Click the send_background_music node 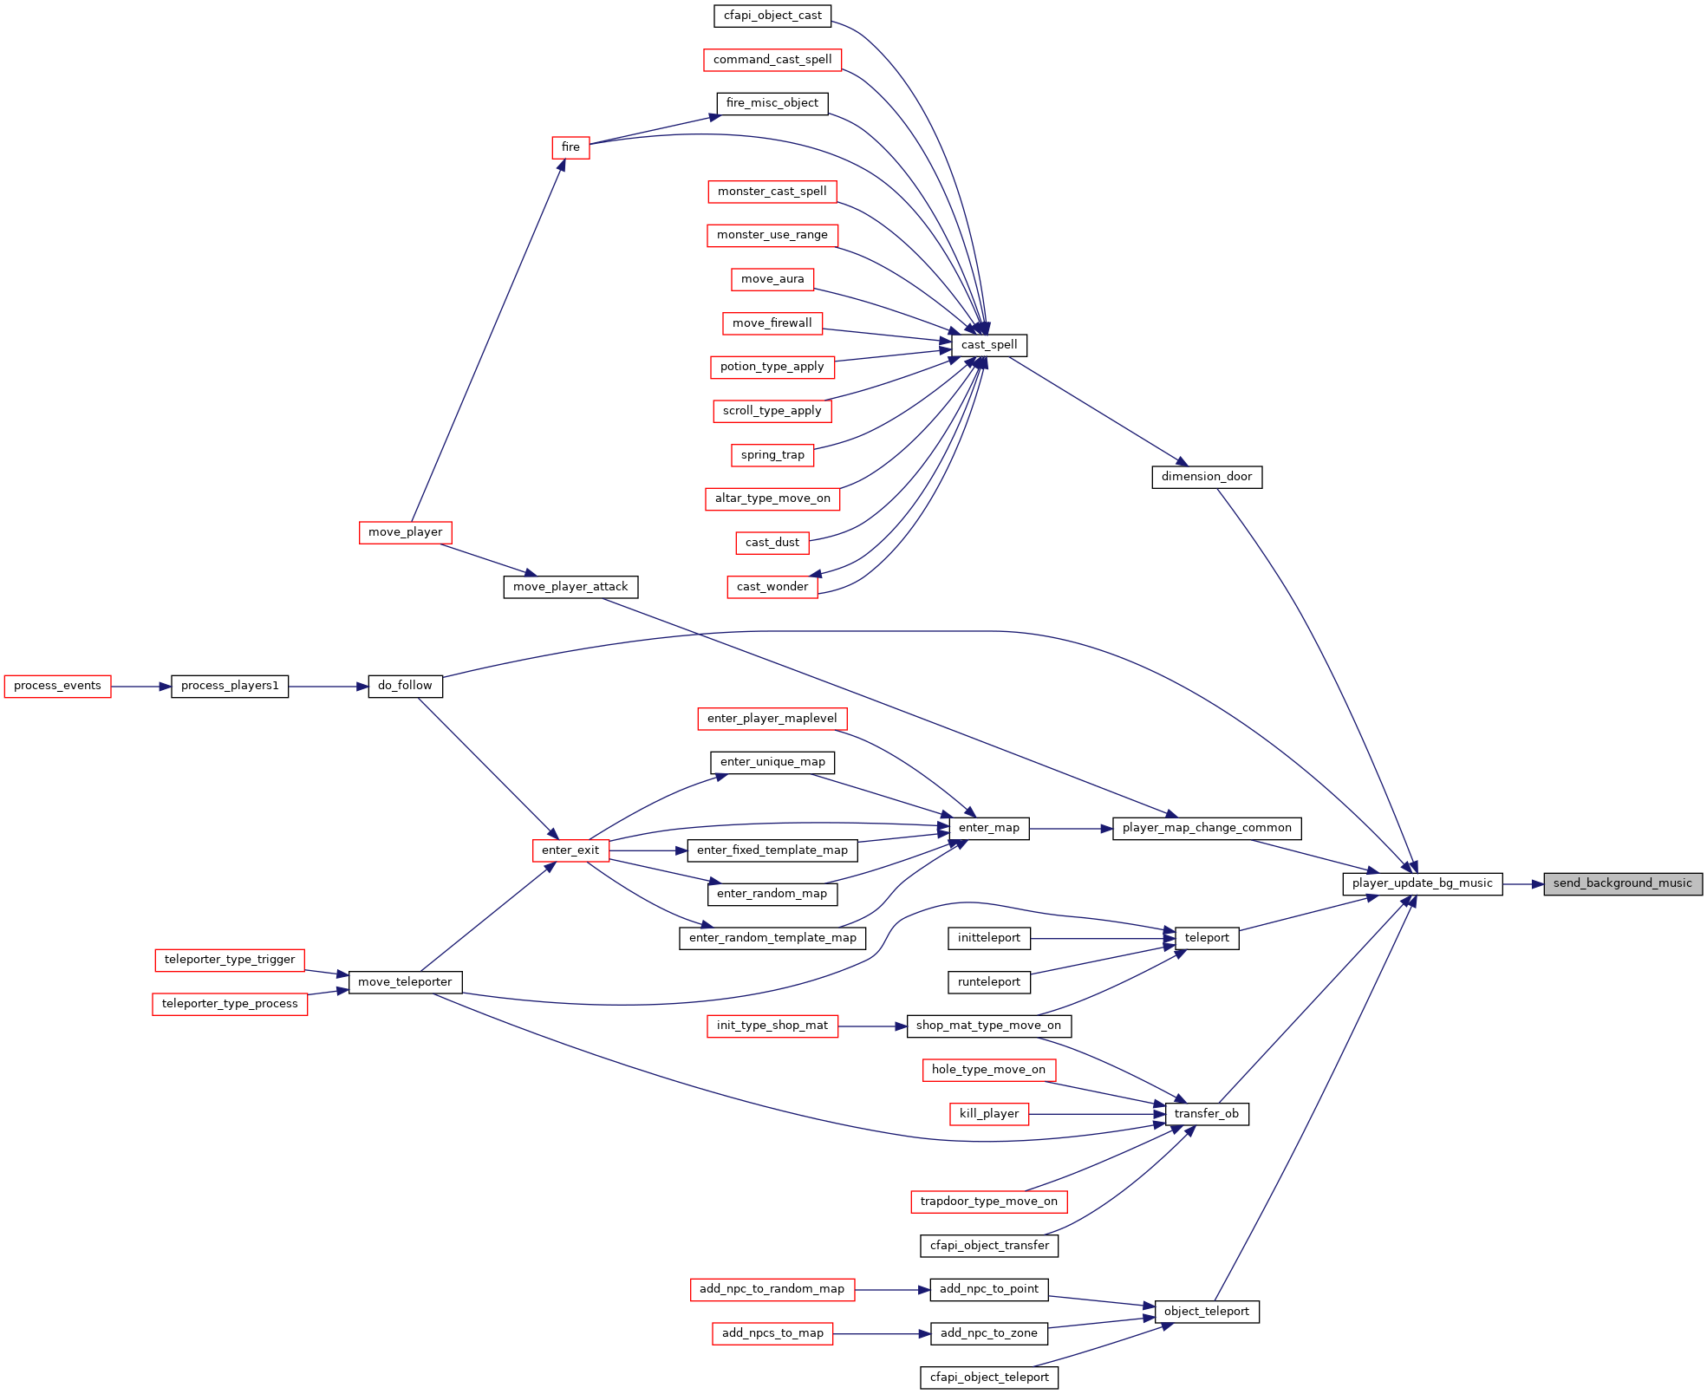[1623, 883]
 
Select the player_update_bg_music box [1423, 883]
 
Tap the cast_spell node [989, 345]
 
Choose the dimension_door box [1207, 477]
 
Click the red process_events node [58, 686]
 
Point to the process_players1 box [230, 686]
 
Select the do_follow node [406, 686]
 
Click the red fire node [570, 147]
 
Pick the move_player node [406, 532]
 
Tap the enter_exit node [570, 850]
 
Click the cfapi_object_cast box [772, 16]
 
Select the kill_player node [989, 1114]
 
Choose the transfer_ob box [1207, 1114]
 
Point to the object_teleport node [1207, 1312]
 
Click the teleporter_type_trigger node [230, 960]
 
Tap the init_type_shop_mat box [772, 1026]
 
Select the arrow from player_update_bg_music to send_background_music [1523, 884]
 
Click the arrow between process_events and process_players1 [141, 687]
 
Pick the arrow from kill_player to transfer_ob [1097, 1114]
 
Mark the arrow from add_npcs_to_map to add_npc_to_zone [881, 1333]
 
